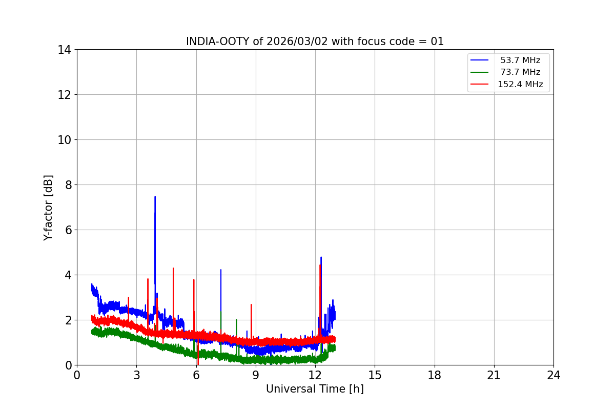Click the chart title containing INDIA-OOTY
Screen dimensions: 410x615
point(315,42)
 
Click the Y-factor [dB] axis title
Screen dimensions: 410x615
point(48,208)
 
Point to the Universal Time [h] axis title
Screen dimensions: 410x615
point(315,389)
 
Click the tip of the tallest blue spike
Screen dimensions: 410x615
point(155,197)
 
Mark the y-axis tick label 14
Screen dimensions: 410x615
point(65,50)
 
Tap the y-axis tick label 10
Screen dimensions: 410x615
point(65,140)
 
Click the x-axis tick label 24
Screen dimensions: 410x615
point(553,376)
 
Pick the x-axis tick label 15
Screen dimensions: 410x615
point(375,376)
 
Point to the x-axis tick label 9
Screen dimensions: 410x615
point(256,376)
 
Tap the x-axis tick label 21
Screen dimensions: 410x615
point(494,376)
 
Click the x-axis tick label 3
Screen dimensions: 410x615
point(136,376)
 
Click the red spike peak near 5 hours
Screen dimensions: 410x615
point(173,268)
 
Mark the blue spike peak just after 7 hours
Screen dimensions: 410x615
point(221,270)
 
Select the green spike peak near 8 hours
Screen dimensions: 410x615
point(236,320)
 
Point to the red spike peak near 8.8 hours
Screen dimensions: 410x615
point(251,304)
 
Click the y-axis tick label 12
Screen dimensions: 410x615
point(65,95)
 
